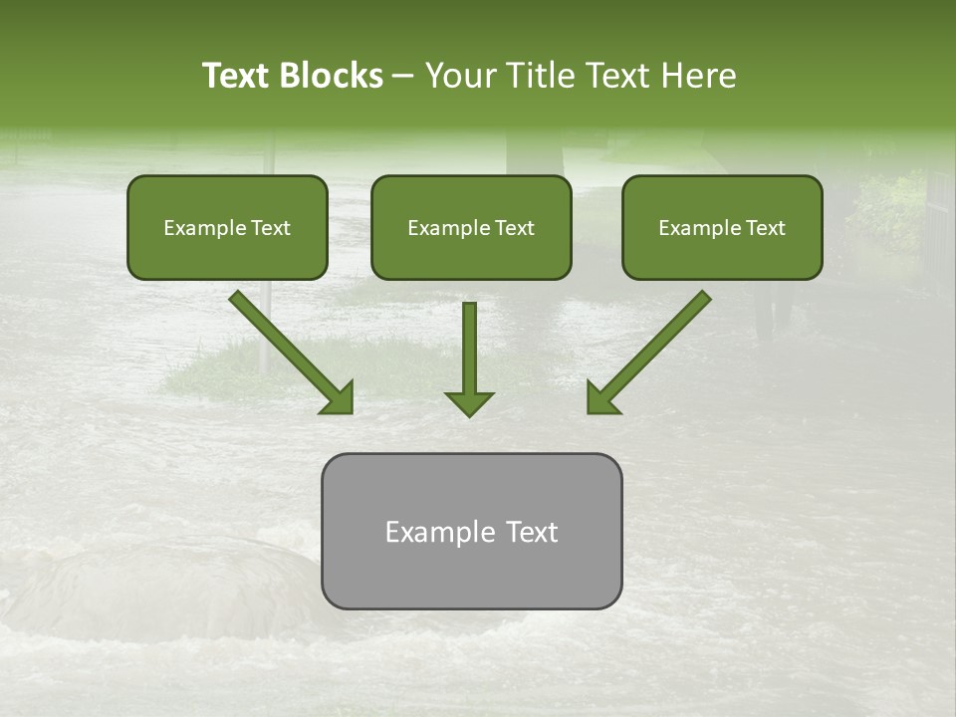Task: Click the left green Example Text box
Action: coord(227,227)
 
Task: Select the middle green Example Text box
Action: coord(471,227)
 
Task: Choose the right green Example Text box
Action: coord(722,227)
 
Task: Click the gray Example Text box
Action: coord(471,531)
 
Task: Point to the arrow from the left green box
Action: coord(289,351)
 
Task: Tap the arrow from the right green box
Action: coord(650,351)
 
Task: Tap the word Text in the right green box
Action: coord(765,228)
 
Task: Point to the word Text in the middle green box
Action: coord(514,228)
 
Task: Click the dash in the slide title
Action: coord(403,76)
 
